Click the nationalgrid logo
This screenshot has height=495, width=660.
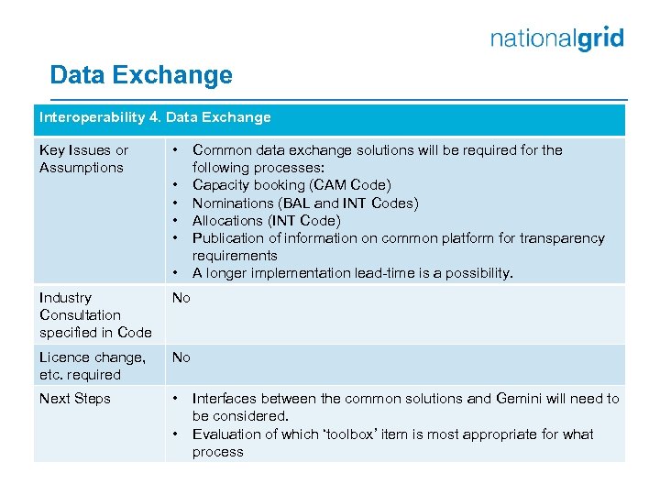[556, 38]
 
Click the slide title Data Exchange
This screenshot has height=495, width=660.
[141, 75]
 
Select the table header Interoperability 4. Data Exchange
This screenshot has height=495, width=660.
[155, 117]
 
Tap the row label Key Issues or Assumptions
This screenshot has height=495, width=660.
[83, 159]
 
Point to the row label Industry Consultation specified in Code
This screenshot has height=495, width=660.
[95, 314]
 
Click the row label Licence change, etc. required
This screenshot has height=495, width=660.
[92, 366]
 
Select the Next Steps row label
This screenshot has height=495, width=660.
[74, 399]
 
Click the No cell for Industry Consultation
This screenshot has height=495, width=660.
[181, 298]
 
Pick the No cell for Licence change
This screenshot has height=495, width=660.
[181, 357]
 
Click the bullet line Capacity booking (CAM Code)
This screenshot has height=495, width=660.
[291, 185]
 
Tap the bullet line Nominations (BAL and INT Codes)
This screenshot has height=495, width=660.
[304, 203]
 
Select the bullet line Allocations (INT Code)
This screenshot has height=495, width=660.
[266, 220]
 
